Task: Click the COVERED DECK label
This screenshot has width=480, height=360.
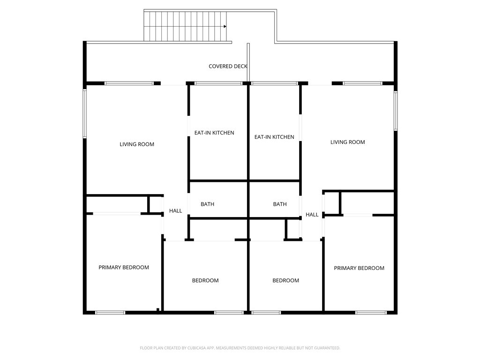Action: pyautogui.click(x=228, y=66)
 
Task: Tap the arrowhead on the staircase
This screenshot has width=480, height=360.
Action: pyautogui.click(x=225, y=26)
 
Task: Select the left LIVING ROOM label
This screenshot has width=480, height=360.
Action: pyautogui.click(x=137, y=144)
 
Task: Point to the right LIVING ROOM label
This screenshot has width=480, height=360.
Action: pyautogui.click(x=347, y=142)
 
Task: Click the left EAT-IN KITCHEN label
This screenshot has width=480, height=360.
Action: pyautogui.click(x=214, y=133)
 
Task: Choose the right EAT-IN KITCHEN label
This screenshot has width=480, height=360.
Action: pyautogui.click(x=274, y=137)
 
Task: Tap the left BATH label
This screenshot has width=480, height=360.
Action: pyautogui.click(x=207, y=204)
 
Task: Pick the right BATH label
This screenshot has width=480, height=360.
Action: pyautogui.click(x=280, y=204)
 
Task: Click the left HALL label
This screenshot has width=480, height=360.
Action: pyautogui.click(x=175, y=210)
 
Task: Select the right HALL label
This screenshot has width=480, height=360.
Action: pyautogui.click(x=312, y=215)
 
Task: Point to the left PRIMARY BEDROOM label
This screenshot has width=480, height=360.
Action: pyautogui.click(x=124, y=267)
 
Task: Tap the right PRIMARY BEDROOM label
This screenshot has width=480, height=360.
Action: pyautogui.click(x=359, y=268)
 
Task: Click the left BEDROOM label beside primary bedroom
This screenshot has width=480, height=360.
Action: pyautogui.click(x=205, y=280)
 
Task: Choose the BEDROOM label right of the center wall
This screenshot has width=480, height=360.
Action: pyautogui.click(x=285, y=280)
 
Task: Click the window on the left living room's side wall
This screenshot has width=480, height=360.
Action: pyautogui.click(x=85, y=113)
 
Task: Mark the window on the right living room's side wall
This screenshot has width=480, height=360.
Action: pyautogui.click(x=396, y=111)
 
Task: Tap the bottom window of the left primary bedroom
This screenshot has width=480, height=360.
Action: pyautogui.click(x=110, y=313)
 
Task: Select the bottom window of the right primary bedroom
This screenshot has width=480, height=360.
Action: pyautogui.click(x=371, y=313)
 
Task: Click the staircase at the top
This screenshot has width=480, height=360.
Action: pyautogui.click(x=185, y=26)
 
